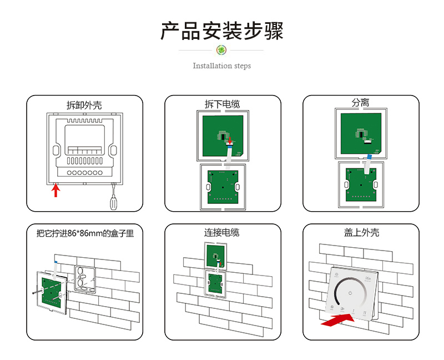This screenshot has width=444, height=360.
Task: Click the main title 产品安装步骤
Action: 222,31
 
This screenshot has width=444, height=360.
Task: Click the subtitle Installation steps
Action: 222,66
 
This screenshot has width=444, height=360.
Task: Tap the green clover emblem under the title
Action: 222,51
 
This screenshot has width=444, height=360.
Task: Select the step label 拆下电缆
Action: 223,104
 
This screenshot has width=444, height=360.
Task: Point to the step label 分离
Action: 360,103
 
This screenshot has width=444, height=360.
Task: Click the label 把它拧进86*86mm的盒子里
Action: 85,233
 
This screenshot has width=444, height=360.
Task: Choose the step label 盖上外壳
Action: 361,233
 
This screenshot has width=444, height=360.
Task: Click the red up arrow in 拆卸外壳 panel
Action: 56,191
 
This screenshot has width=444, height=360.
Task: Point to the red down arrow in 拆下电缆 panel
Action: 231,142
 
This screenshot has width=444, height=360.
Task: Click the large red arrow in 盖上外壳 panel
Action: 337,320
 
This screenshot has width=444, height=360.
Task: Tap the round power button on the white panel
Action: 350,293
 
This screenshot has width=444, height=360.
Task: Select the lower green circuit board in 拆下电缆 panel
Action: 222,186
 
